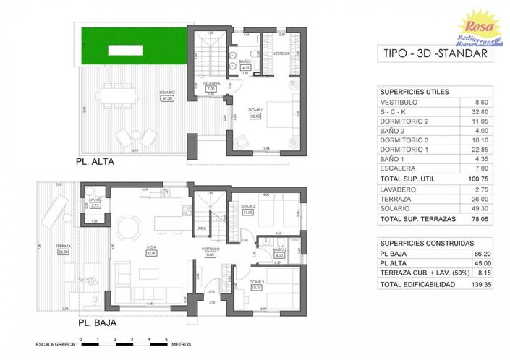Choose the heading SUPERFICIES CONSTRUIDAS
click(x=428, y=243)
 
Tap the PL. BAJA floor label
click(x=96, y=322)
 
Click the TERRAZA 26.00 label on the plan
click(x=63, y=249)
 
